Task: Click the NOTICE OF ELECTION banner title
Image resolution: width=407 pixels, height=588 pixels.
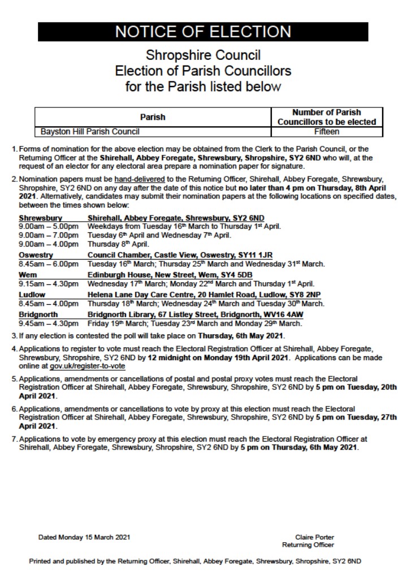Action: click(203, 32)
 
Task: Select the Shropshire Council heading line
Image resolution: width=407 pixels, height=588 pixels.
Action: click(203, 57)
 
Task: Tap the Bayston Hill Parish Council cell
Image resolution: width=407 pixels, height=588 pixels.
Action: click(90, 132)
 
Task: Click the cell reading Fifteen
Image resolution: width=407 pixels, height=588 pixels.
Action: click(326, 132)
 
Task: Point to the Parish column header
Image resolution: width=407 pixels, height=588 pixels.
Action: click(153, 117)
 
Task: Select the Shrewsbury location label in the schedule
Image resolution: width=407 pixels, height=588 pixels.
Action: click(40, 218)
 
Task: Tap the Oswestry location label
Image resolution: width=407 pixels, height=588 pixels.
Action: click(36, 255)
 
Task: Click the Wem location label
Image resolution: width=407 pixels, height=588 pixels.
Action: click(28, 275)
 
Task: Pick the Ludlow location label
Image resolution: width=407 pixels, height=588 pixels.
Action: click(32, 295)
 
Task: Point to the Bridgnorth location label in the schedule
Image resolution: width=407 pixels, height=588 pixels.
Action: click(38, 314)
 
